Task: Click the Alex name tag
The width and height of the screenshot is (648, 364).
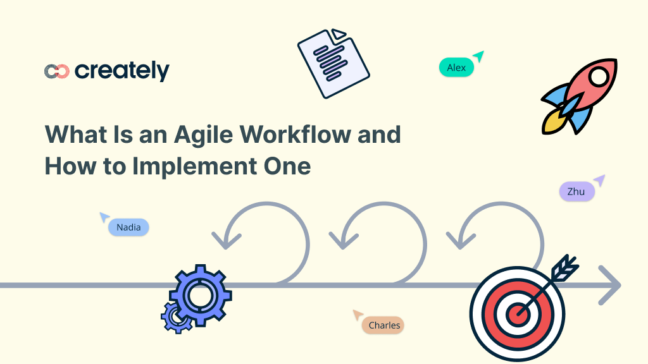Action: (456, 68)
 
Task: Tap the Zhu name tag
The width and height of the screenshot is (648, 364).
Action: (576, 191)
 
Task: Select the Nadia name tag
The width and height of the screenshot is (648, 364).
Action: (128, 227)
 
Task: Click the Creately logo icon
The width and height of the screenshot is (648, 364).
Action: (56, 71)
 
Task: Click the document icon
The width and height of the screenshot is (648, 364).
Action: (333, 63)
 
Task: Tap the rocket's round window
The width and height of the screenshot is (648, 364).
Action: (598, 77)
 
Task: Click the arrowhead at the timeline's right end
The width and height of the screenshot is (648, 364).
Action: (611, 286)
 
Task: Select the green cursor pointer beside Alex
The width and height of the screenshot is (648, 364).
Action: (479, 56)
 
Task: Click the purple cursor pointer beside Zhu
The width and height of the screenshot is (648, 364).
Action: (598, 181)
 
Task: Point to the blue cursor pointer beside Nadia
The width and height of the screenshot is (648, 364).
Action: (104, 217)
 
